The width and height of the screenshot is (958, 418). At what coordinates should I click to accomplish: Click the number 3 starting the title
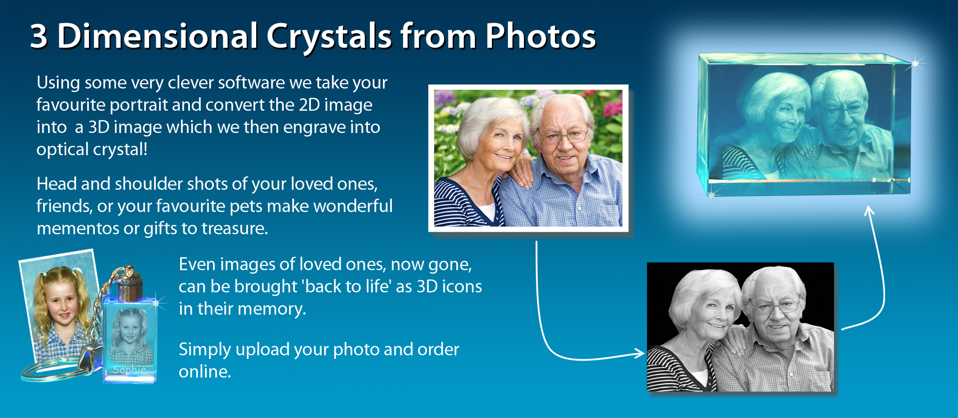click(x=39, y=36)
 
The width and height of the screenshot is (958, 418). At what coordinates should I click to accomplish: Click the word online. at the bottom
click(x=205, y=372)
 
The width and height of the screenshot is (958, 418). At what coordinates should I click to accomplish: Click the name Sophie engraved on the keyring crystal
click(x=129, y=370)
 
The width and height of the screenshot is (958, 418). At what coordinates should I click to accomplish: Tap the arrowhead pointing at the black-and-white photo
click(x=639, y=353)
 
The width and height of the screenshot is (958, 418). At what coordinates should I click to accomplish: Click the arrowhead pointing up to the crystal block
click(x=869, y=211)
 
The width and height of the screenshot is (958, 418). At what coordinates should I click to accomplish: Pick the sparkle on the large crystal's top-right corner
click(x=916, y=64)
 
